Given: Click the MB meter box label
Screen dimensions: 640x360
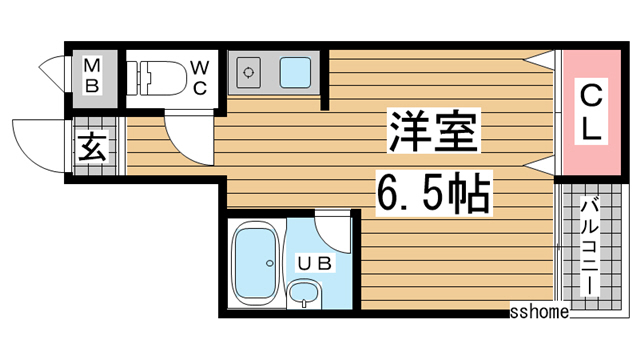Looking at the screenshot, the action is click(92, 76).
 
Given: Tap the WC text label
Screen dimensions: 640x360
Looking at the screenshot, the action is click(200, 78).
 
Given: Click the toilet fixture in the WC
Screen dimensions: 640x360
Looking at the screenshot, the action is click(156, 78).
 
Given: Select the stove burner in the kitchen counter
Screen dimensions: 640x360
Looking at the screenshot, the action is click(249, 73).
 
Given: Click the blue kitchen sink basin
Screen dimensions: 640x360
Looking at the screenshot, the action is click(295, 73).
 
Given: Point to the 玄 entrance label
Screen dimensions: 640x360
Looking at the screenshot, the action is click(92, 147).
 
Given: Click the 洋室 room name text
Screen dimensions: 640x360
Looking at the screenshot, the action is click(433, 131).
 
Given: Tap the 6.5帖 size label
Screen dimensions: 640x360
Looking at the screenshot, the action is click(434, 193).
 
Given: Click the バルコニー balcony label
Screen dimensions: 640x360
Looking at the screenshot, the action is click(590, 246).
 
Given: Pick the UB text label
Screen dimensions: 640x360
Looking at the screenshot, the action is click(314, 264).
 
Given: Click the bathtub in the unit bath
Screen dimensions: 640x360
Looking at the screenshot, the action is click(255, 263).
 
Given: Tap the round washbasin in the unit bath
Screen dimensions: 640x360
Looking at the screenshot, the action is click(303, 293).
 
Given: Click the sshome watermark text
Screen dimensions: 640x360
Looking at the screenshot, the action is click(539, 312).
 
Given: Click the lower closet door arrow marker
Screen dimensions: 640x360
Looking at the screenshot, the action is click(539, 166).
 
